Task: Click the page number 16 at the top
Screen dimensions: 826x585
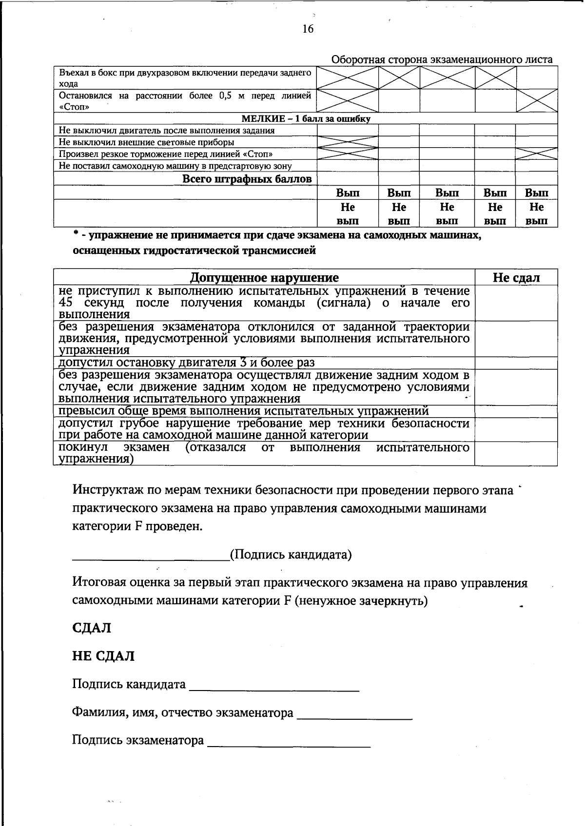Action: click(x=308, y=29)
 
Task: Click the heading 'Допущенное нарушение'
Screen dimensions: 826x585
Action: click(x=264, y=278)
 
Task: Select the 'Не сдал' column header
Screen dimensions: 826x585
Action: click(x=516, y=278)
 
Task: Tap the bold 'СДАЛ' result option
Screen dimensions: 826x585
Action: click(x=92, y=628)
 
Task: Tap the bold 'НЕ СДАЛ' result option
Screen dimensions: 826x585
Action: click(x=103, y=656)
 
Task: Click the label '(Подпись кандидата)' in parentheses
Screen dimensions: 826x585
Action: click(x=291, y=555)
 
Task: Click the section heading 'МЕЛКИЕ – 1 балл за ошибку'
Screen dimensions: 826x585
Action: click(x=306, y=118)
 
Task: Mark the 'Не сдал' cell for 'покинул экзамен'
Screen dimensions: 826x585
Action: click(x=516, y=454)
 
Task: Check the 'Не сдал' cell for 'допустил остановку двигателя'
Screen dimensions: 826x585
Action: click(x=516, y=363)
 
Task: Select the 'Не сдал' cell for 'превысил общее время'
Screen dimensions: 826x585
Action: click(x=516, y=411)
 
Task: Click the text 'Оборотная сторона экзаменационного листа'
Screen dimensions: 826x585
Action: click(x=442, y=59)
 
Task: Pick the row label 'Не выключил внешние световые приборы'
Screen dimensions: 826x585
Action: click(x=146, y=142)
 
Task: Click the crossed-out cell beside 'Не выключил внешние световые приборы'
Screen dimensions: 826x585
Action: click(x=348, y=142)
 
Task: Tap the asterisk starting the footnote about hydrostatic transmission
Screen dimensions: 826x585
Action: click(x=76, y=235)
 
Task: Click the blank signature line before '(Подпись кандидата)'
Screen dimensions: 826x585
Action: click(x=151, y=557)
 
